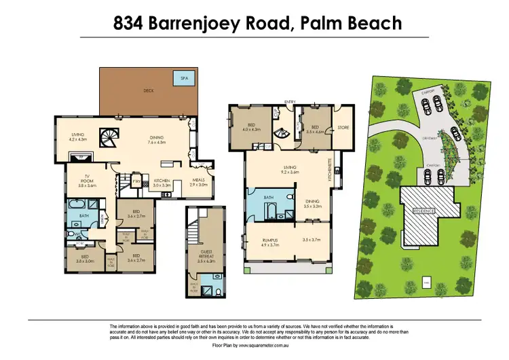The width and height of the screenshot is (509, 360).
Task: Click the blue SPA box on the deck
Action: [x=182, y=78]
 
